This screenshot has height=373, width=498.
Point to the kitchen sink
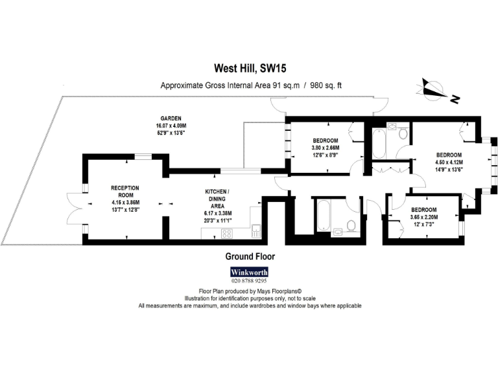coord(258,229)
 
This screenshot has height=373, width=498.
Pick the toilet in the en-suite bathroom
coord(403,134)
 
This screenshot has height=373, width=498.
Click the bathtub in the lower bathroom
coord(324,214)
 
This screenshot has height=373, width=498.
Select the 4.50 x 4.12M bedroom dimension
coord(449,163)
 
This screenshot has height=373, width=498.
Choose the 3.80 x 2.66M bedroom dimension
coord(326,148)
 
